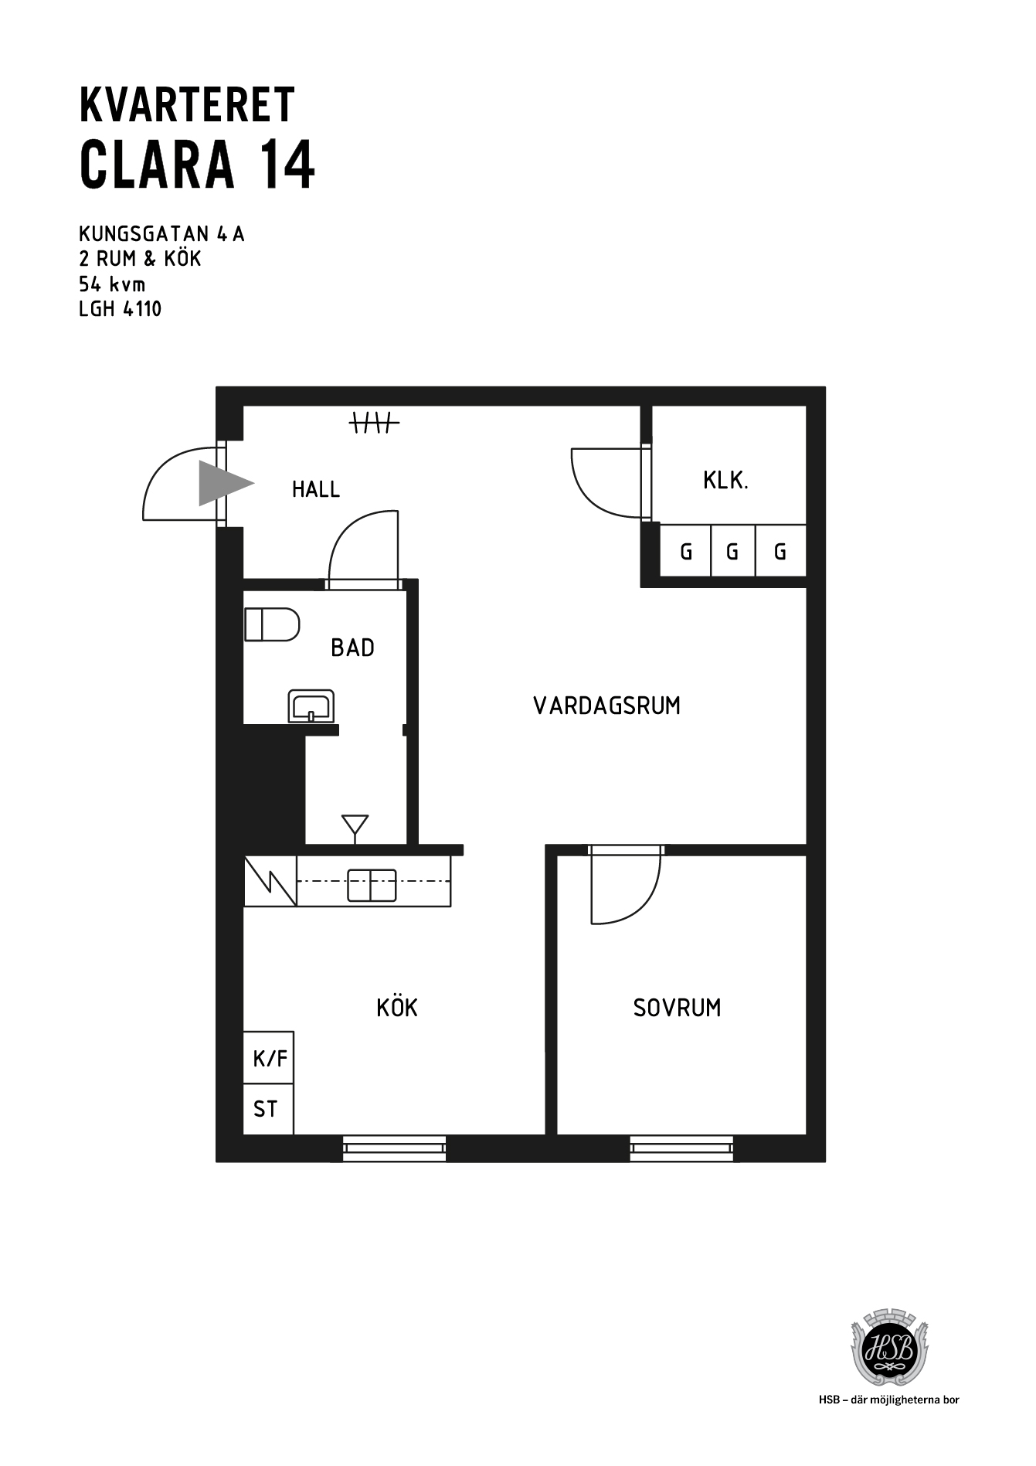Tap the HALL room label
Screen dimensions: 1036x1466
(316, 489)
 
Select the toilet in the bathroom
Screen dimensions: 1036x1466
(272, 624)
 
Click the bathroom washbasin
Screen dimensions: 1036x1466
(311, 706)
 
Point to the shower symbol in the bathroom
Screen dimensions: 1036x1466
(355, 827)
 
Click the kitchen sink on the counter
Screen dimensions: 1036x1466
(372, 885)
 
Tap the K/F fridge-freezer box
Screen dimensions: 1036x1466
(269, 1058)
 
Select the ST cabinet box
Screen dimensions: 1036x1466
(269, 1109)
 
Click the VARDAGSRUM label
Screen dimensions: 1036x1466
(607, 706)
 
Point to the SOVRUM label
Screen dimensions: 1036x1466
(677, 1008)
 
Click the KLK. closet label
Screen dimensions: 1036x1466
(725, 481)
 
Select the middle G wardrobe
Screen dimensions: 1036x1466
(732, 551)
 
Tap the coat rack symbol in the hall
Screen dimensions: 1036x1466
(375, 423)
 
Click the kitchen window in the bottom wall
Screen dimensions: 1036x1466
(394, 1148)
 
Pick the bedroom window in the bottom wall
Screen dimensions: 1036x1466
(681, 1148)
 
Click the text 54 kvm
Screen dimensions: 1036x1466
(112, 284)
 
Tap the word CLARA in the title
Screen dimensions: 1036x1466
(157, 165)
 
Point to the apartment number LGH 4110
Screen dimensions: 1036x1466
(121, 309)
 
